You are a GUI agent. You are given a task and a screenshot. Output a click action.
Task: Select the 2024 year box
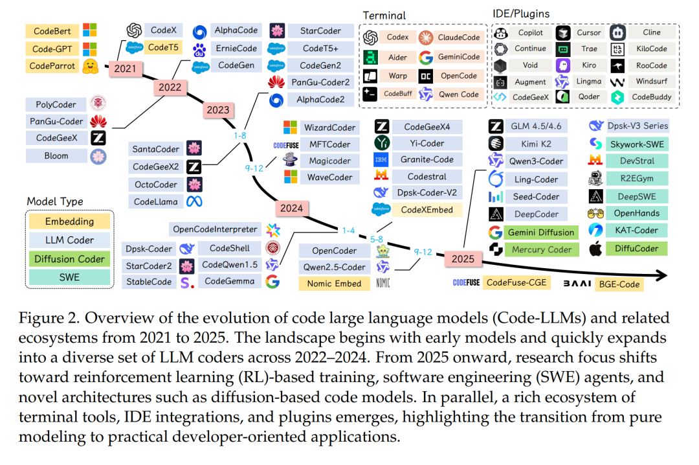291,208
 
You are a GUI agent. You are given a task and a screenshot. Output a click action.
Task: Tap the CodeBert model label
52,31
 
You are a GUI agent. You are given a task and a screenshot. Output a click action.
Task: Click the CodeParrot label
52,65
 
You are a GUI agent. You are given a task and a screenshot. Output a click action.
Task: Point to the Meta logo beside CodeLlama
194,201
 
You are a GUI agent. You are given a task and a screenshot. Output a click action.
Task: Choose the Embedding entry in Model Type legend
69,221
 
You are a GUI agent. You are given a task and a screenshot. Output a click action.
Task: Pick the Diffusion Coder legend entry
69,258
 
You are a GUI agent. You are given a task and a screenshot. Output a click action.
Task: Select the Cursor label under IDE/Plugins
589,32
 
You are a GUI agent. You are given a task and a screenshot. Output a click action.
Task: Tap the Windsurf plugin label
651,82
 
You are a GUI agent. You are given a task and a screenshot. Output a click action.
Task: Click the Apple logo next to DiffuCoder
596,248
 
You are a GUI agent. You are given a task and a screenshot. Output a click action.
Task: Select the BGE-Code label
619,283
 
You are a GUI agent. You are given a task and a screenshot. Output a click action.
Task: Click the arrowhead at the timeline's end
661,275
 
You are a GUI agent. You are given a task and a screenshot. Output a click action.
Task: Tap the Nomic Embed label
334,283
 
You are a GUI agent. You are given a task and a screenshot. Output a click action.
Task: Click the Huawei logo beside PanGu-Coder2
277,82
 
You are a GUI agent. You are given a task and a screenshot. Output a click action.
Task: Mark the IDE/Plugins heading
522,14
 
